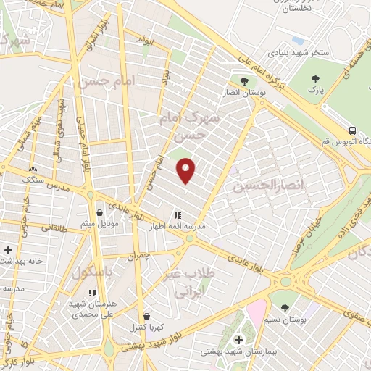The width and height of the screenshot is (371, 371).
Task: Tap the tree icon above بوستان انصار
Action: pos(243,80)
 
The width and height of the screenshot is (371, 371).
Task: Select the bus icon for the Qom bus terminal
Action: pos(352,131)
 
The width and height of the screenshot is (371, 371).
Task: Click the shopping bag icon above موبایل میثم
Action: pos(99,213)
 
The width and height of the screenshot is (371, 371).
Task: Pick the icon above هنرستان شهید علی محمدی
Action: pos(92,293)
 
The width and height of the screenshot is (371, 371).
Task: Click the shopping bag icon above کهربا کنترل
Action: pos(148,316)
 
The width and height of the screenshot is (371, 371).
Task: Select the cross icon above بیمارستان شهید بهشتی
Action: pos(238,339)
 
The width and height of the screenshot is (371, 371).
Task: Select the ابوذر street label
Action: pos(147,43)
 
